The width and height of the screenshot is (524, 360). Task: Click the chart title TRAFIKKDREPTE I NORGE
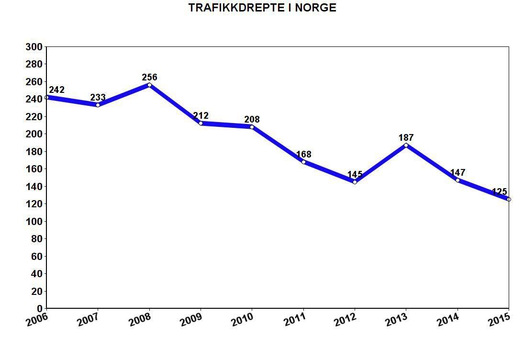point(262,8)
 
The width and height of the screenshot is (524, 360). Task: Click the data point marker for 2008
point(149,85)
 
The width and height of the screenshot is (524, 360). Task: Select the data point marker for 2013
point(406,145)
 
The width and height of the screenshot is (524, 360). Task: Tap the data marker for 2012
point(355,182)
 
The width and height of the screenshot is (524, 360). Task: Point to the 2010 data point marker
point(252,127)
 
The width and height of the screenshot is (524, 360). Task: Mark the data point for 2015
point(509,199)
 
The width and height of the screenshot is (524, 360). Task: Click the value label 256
point(149,77)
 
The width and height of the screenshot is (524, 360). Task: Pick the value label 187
point(406,138)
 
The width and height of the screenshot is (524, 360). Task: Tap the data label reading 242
point(56,90)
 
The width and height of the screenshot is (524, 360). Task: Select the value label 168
point(303,155)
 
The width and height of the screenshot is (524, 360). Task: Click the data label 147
point(457,173)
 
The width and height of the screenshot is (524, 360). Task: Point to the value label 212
point(201,116)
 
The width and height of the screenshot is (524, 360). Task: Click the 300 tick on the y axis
point(34,47)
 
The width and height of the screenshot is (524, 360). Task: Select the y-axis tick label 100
point(34,222)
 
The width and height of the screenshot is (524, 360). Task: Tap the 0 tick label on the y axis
point(40,309)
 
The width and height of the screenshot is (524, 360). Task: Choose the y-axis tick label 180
point(34,152)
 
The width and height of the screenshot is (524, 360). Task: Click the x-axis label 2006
point(37,319)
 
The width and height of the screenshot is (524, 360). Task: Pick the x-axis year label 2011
point(294,319)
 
